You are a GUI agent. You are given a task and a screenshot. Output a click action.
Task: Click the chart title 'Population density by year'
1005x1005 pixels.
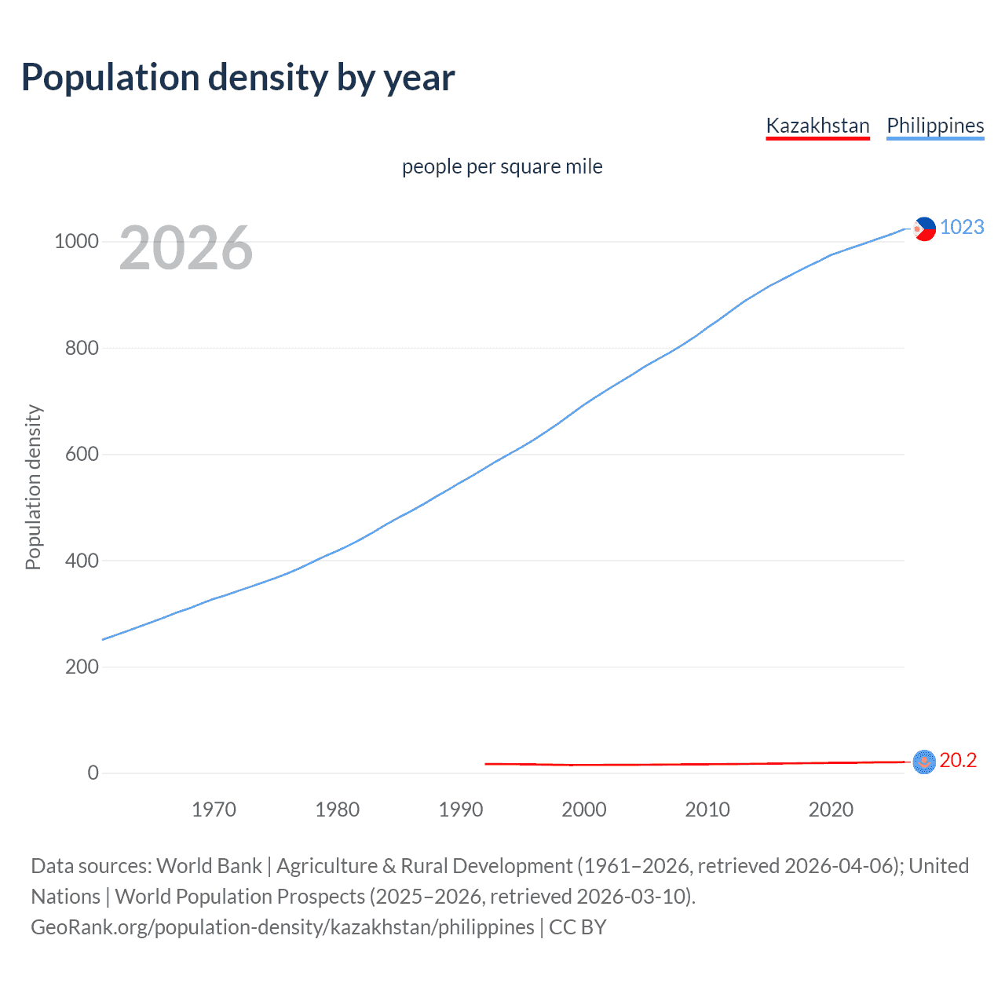coord(238,78)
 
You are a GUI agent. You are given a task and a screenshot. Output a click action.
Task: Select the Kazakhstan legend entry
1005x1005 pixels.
coord(817,126)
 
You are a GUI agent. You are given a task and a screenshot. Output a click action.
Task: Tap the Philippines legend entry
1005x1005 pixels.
coord(934,126)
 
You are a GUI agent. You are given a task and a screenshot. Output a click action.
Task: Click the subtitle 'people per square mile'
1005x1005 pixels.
coord(502,166)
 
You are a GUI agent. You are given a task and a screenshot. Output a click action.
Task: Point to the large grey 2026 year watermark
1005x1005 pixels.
coord(186,248)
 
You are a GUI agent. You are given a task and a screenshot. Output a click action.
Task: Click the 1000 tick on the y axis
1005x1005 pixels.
coord(76,241)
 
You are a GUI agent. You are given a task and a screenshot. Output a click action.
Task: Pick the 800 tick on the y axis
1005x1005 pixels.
coord(82,348)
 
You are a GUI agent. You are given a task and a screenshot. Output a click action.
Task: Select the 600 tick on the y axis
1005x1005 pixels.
coord(82,454)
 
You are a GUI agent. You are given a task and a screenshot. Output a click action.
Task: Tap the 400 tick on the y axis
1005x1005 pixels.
coord(82,561)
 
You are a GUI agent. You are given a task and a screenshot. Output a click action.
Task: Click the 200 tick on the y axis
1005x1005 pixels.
coord(82,667)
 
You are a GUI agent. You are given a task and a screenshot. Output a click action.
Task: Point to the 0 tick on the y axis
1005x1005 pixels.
coord(93,773)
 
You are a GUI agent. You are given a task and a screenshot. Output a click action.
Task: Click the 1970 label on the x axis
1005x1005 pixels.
coord(214,809)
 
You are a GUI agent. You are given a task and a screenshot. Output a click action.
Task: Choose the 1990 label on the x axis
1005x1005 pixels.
coord(461,809)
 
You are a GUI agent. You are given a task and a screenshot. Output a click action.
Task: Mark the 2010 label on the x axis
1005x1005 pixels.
coord(707,809)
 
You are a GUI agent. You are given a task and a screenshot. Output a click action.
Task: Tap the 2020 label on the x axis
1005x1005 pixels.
coord(831,809)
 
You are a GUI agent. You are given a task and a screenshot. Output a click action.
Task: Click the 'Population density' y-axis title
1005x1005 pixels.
coord(33,487)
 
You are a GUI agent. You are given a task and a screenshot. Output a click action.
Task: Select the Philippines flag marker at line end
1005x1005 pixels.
coord(924,228)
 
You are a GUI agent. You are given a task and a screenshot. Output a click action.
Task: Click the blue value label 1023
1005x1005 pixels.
coord(962,227)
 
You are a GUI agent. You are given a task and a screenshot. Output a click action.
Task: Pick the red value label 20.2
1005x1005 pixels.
coord(958,760)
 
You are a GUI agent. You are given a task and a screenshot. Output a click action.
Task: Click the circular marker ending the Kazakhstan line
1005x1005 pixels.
coord(924,762)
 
